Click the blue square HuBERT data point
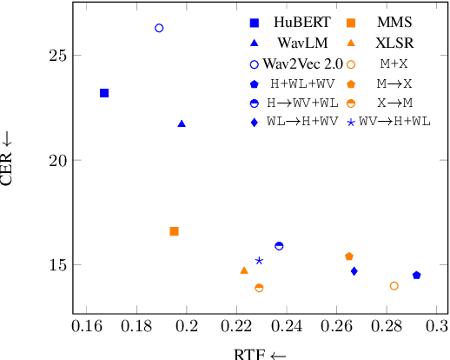104,93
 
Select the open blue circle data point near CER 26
159,29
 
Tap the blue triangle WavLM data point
182,123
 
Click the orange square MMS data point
174,231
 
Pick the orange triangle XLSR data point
244,270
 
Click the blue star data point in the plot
259,261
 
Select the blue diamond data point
354,271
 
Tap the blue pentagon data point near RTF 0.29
416,276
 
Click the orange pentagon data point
349,257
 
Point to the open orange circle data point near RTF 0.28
394,286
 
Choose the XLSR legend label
394,43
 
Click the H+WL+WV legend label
301,84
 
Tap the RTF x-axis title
260,353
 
